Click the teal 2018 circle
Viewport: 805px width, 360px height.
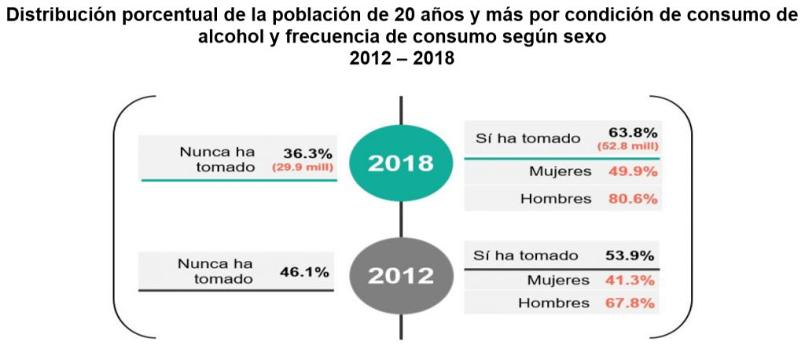401,163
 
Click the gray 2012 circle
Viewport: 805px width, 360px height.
401,276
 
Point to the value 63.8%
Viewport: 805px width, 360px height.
632,132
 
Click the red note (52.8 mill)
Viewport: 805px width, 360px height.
632,145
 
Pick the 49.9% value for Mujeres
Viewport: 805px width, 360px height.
632,172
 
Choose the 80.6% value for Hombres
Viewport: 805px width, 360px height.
632,199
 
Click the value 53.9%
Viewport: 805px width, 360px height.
630,255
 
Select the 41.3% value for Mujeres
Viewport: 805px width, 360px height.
630,280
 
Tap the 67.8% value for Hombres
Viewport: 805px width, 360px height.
630,303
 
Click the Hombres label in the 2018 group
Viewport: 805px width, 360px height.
556,199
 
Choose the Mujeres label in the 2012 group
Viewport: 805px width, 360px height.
560,280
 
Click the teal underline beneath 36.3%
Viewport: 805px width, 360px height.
239,181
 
